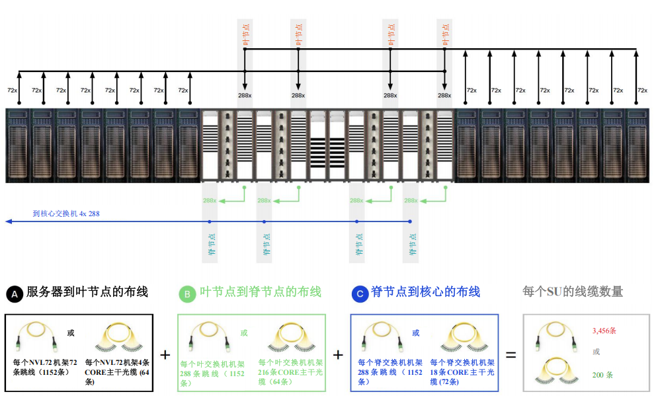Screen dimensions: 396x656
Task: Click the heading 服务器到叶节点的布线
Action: (x=87, y=292)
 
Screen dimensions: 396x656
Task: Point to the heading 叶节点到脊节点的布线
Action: (x=261, y=292)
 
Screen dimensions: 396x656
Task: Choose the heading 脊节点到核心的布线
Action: (x=426, y=292)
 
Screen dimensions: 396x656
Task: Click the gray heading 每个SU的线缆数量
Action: (x=573, y=292)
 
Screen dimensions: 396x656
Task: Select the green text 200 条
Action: (x=602, y=375)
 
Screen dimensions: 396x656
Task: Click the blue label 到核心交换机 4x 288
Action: (x=66, y=214)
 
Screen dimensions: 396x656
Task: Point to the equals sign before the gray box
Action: (x=511, y=354)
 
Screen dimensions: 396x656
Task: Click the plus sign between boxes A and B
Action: (x=165, y=354)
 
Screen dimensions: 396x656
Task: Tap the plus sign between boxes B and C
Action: (x=338, y=354)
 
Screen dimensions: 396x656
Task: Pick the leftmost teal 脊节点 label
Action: (x=210, y=244)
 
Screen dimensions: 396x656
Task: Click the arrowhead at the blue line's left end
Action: (x=9, y=221)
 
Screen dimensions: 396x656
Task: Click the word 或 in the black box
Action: (x=71, y=333)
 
